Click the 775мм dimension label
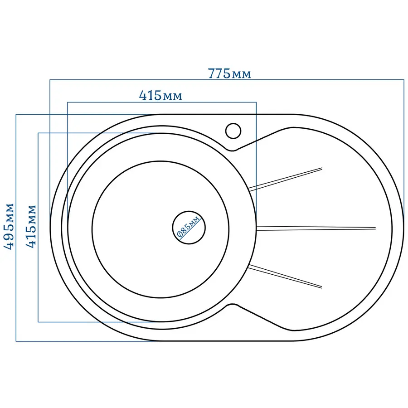pos(229,73)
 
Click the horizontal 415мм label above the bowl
pos(160,96)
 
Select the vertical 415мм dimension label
pos(31,226)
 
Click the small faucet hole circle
pos(233,131)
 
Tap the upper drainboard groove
pos(286,179)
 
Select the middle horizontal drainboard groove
pos(316,228)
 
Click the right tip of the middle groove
pos(376,228)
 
